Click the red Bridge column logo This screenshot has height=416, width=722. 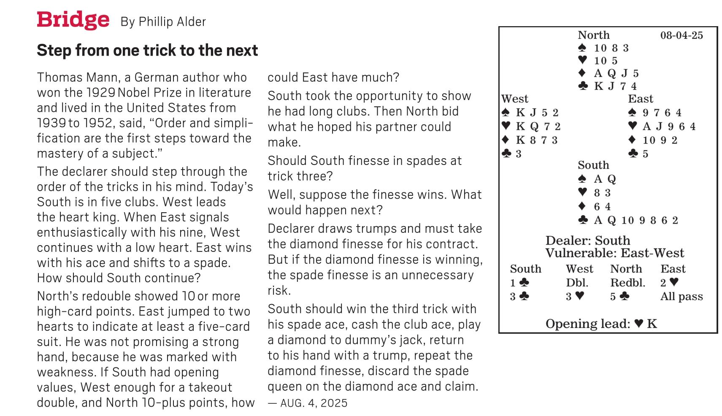[73, 20]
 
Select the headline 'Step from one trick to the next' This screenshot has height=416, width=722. [147, 50]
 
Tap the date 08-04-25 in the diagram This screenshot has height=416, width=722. [681, 35]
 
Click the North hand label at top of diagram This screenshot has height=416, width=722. [593, 35]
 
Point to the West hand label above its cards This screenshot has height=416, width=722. [515, 99]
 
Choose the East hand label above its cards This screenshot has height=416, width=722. [640, 99]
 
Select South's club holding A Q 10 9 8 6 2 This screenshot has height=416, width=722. [628, 220]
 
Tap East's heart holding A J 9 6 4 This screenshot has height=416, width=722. [662, 126]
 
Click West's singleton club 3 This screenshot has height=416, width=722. [511, 154]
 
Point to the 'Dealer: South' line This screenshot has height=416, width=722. [587, 240]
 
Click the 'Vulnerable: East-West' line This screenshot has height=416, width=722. [614, 253]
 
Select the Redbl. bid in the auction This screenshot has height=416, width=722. [627, 283]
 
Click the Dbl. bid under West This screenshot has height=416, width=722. [577, 283]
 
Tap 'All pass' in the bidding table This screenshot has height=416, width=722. [681, 297]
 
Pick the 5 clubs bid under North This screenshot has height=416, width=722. [619, 297]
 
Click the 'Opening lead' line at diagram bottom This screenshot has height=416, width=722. [601, 324]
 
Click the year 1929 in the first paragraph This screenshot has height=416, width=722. [101, 92]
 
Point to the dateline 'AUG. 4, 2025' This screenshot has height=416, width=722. [314, 403]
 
